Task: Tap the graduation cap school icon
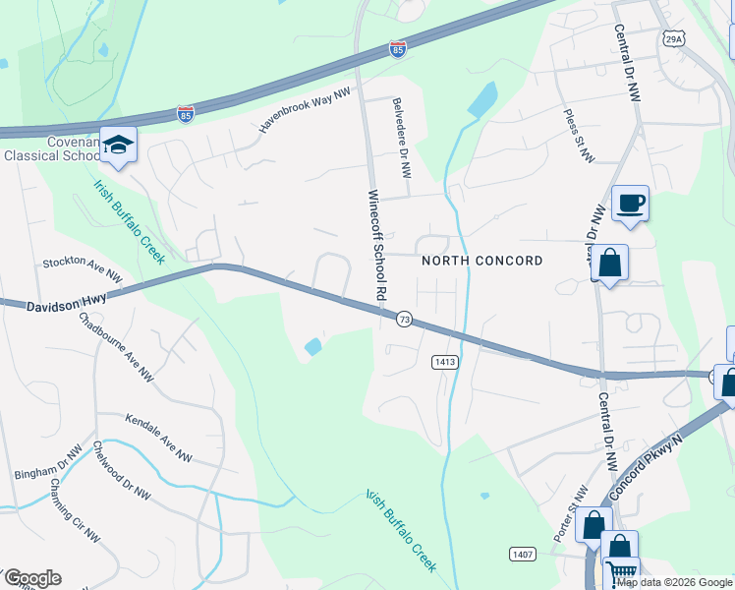119,146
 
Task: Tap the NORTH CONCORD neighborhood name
481,261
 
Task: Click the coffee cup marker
630,204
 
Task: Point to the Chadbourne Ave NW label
116,345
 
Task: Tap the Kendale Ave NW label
157,439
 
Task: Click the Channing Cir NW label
77,510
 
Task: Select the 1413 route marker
444,362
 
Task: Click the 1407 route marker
523,555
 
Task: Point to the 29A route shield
672,39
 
